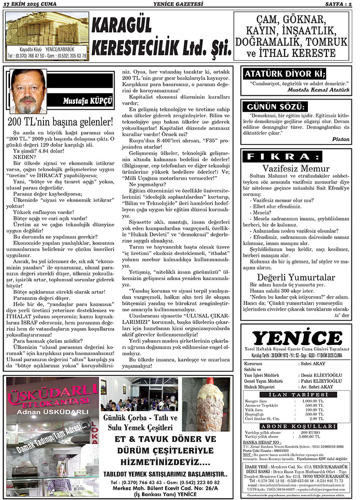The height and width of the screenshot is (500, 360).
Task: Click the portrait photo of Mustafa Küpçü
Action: [29, 91]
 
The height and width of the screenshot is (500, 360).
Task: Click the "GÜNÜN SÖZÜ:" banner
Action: [276, 106]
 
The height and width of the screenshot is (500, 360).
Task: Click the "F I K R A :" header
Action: [283, 157]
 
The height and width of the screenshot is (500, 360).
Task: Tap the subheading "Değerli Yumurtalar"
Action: [296, 277]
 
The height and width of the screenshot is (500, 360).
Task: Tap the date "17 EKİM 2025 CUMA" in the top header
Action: [29, 4]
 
